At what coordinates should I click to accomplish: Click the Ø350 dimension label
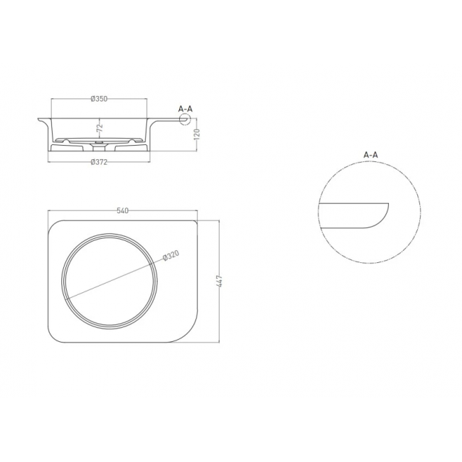pos(99,99)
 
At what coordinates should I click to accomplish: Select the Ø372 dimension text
pos(99,162)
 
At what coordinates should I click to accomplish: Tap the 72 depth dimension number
pos(100,127)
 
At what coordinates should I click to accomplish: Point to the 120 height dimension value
pos(197,134)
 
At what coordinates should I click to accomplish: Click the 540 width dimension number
pos(122,210)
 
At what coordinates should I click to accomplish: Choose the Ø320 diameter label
pos(171,256)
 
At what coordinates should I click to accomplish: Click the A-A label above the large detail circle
pos(370,154)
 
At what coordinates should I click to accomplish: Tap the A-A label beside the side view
pos(186,109)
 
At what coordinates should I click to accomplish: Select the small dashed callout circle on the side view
pos(186,119)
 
